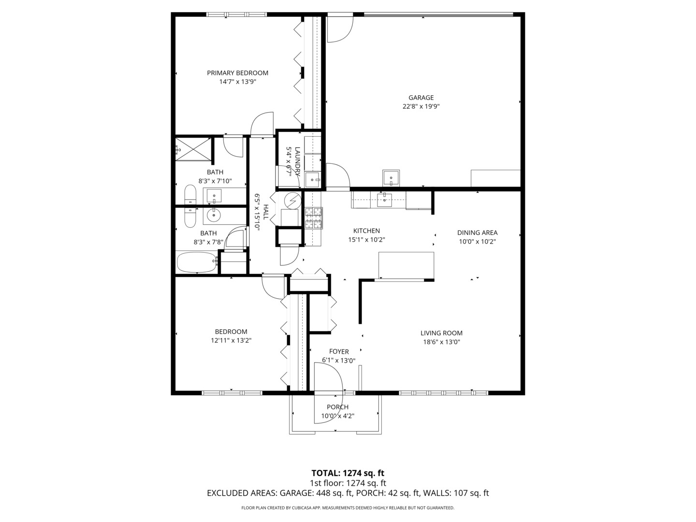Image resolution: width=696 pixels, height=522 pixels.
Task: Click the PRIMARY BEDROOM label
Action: point(237,73)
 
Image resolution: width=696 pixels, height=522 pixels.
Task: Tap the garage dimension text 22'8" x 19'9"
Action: point(421,106)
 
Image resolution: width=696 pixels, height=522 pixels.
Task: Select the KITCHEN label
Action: point(366,231)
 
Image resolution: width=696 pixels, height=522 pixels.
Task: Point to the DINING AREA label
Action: point(477,232)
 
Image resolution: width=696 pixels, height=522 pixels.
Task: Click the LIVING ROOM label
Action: point(441,333)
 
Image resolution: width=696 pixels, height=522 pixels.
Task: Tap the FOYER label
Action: point(339,351)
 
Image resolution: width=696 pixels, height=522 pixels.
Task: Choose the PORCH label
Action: point(337,407)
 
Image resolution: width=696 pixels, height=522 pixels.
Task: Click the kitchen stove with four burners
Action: point(313,217)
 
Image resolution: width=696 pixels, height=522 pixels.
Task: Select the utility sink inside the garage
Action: point(391,178)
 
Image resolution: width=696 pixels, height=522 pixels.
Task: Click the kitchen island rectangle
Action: point(406,265)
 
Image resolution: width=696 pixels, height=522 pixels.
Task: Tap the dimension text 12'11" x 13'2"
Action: point(231,340)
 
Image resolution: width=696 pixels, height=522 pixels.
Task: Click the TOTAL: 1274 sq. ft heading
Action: point(348,473)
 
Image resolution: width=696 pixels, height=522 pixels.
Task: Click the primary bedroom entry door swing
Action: point(262,124)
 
